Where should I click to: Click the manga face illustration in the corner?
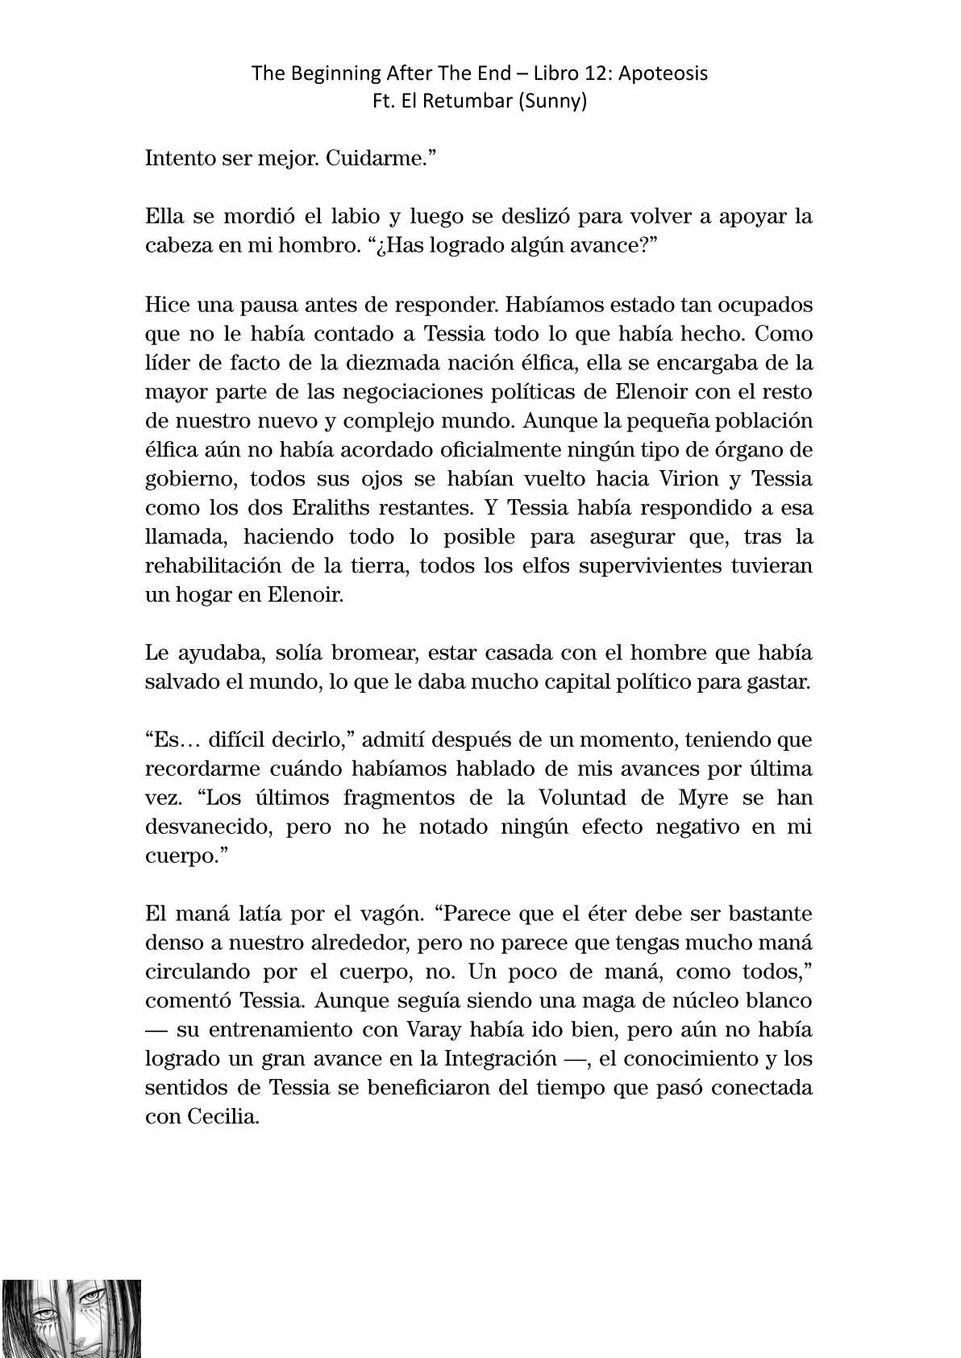pos(70,1318)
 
